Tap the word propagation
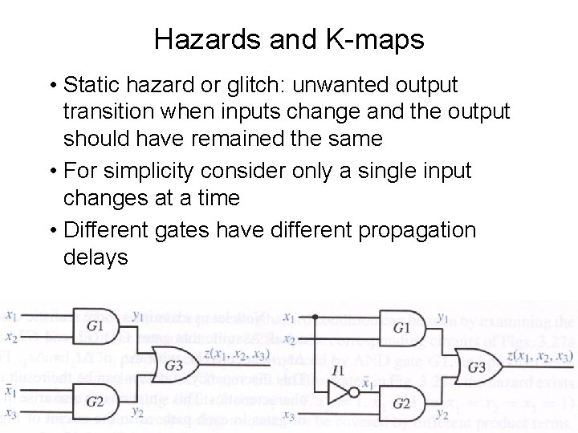pyautogui.click(x=407, y=230)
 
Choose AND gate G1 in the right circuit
pyautogui.click(x=401, y=328)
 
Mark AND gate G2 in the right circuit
pyautogui.click(x=401, y=402)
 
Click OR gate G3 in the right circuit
pyautogui.click(x=475, y=367)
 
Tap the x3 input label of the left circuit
pyautogui.click(x=11, y=415)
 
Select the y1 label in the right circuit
pyautogui.click(x=443, y=318)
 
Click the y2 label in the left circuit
pyautogui.click(x=137, y=415)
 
